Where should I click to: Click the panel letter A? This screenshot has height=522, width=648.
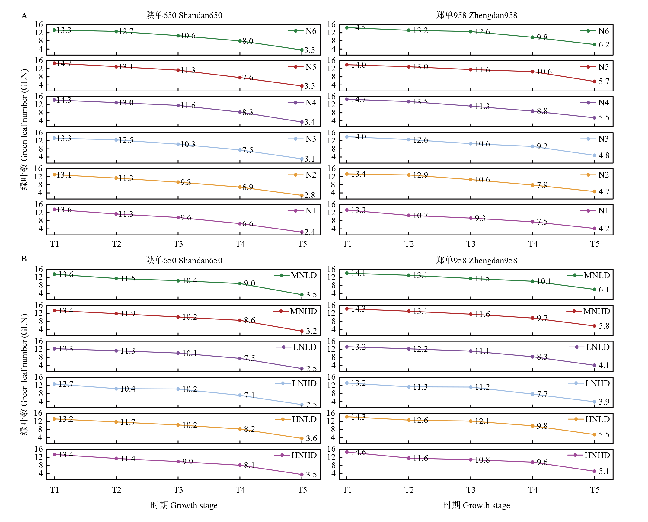tap(24, 16)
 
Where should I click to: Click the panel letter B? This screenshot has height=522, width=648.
tap(24, 259)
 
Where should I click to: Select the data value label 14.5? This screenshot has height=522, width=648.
tap(358, 28)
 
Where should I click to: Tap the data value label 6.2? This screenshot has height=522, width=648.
tap(604, 45)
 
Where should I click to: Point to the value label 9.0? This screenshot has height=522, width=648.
tap(250, 283)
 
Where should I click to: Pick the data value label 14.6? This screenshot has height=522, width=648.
tap(358, 452)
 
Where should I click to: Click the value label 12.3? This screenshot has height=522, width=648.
tap(66, 349)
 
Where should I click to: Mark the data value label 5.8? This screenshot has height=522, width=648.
tap(604, 326)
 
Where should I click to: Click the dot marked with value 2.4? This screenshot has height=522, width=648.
tap(302, 232)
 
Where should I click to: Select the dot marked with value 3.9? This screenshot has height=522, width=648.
tap(594, 402)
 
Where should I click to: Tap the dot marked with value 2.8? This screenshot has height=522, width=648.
tap(302, 195)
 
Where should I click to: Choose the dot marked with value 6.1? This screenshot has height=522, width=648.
tap(594, 290)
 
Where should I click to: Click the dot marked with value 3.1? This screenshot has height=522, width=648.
tap(302, 159)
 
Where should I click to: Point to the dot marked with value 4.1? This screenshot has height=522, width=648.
tap(594, 365)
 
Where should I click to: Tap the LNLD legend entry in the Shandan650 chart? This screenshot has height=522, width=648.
tap(296, 347)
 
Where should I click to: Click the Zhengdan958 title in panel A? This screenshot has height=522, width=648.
tap(476, 15)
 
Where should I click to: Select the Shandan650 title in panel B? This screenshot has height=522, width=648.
tap(184, 260)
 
